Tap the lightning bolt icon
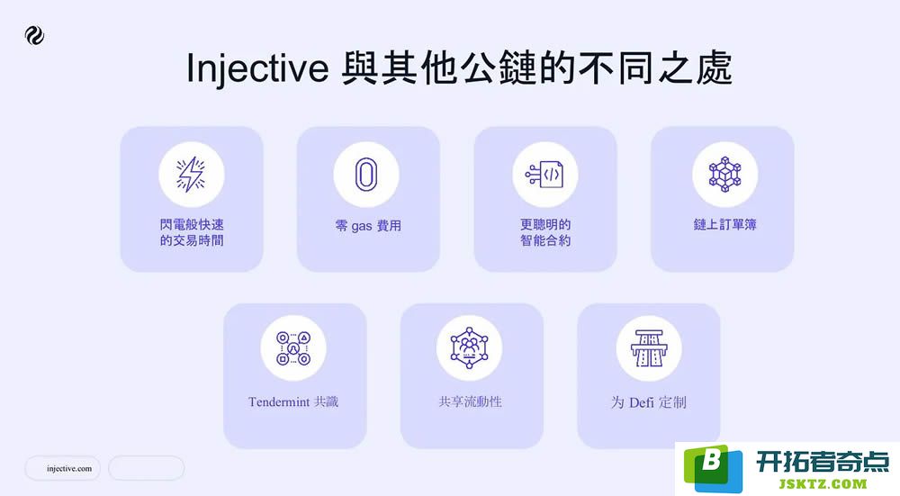click(191, 174)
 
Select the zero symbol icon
click(366, 175)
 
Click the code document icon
click(544, 175)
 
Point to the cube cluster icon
click(724, 175)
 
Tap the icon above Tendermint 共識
click(293, 348)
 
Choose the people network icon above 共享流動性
click(470, 347)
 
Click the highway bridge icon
click(649, 348)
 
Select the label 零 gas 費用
click(368, 226)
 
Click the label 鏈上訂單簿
click(724, 224)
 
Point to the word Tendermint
click(279, 401)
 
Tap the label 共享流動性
click(470, 401)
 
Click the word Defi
click(641, 402)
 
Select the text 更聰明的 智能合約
click(545, 232)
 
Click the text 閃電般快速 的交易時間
click(192, 232)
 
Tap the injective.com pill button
click(63, 468)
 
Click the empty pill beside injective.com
click(147, 468)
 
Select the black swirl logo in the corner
click(34, 36)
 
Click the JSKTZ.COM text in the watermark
click(823, 483)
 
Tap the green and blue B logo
click(712, 467)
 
